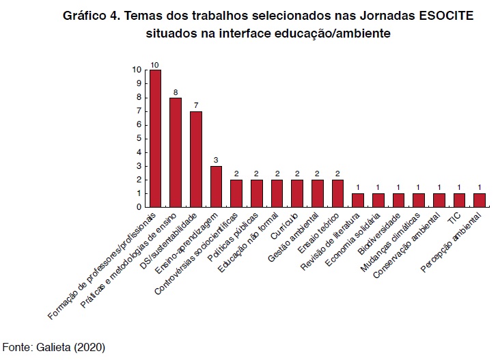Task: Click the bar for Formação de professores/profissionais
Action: point(155,138)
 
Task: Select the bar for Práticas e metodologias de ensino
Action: point(176,152)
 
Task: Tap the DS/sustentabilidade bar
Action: point(195,158)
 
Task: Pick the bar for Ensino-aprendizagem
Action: point(216,186)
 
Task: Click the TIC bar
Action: point(459,200)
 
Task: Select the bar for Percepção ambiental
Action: point(480,200)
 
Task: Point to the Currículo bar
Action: point(297,193)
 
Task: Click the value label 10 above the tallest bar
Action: point(155,64)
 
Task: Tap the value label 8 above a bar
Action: point(176,92)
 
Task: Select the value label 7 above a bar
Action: point(195,105)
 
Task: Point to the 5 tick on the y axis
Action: point(139,138)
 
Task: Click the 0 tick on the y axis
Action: point(139,207)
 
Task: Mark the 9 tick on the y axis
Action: point(139,83)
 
